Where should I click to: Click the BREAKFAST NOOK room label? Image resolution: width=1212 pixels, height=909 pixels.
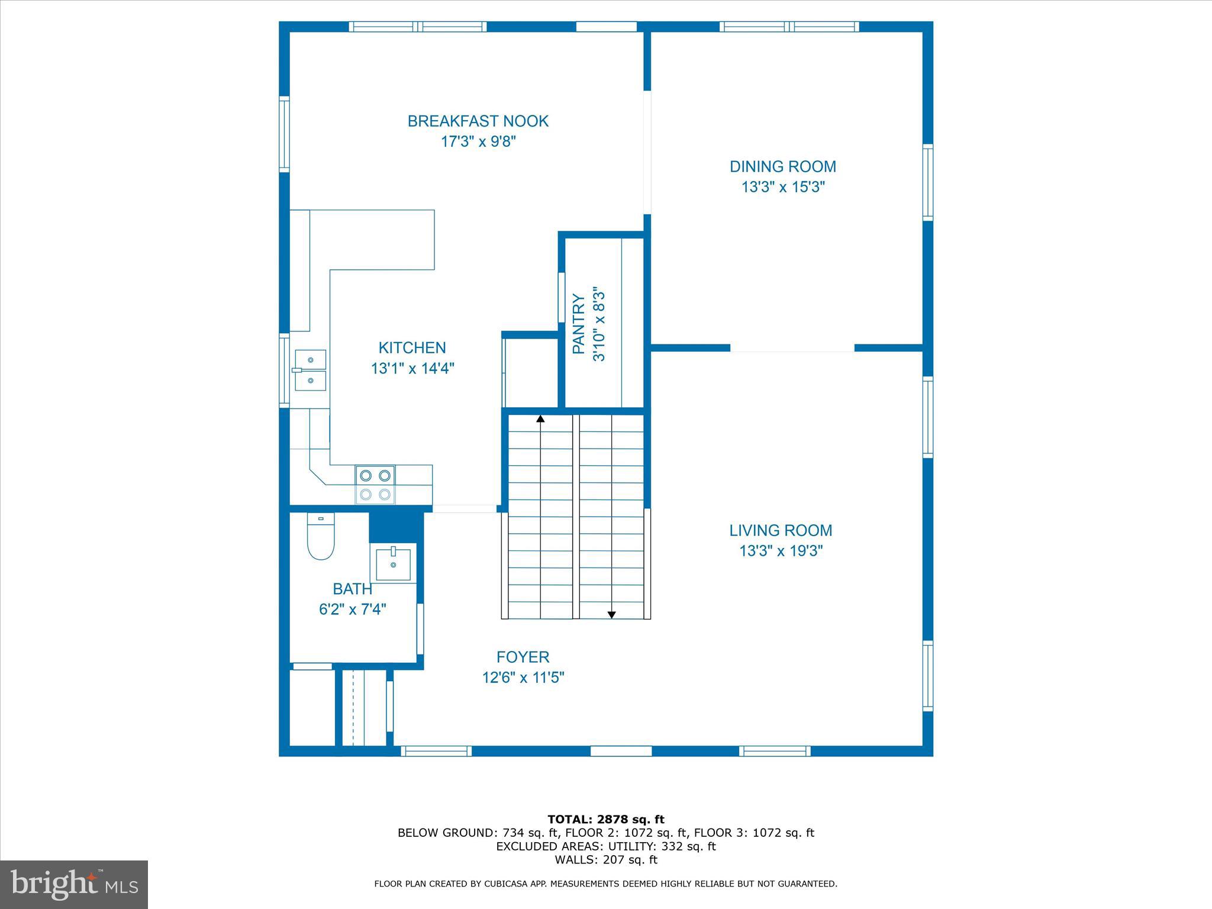pyautogui.click(x=478, y=121)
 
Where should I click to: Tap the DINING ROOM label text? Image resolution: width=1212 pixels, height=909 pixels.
pyautogui.click(x=782, y=167)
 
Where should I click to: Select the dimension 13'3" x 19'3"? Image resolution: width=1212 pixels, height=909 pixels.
pyautogui.click(x=781, y=551)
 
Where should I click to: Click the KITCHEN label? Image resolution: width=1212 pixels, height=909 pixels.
pyautogui.click(x=412, y=348)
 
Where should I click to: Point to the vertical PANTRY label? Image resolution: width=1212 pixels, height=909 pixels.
pyautogui.click(x=579, y=324)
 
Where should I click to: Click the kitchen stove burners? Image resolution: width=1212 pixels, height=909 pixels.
pyautogui.click(x=375, y=485)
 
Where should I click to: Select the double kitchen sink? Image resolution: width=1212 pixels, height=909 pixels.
pyautogui.click(x=311, y=370)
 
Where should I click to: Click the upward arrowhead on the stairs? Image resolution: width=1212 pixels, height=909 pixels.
pyautogui.click(x=540, y=419)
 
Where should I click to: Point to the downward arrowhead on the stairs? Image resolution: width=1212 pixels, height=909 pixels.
pyautogui.click(x=611, y=615)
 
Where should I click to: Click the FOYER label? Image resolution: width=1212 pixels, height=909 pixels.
pyautogui.click(x=523, y=657)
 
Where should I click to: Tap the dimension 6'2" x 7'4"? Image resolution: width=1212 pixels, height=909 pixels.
pyautogui.click(x=353, y=610)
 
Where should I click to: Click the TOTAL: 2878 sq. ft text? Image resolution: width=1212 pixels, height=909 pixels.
pyautogui.click(x=605, y=820)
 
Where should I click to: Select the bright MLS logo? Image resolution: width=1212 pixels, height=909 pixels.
pyautogui.click(x=74, y=885)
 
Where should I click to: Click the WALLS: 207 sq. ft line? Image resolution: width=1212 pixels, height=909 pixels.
pyautogui.click(x=605, y=860)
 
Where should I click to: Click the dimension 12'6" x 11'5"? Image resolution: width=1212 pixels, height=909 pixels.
pyautogui.click(x=523, y=678)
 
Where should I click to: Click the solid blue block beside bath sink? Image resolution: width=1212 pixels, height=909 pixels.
pyautogui.click(x=395, y=527)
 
